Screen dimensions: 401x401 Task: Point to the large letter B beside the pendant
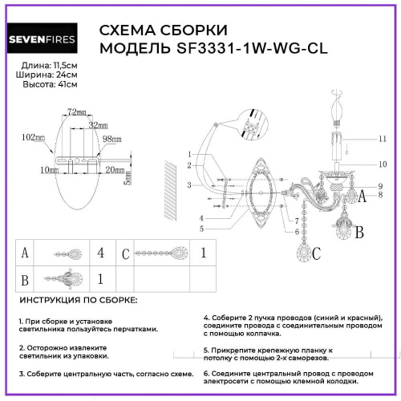point(359,233)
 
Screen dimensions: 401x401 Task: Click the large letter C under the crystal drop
point(316,254)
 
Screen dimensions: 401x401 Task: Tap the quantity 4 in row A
point(100,253)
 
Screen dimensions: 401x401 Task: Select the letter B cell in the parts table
point(26,281)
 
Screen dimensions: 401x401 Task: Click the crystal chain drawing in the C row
point(161,253)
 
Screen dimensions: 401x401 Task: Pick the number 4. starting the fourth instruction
point(207,318)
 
